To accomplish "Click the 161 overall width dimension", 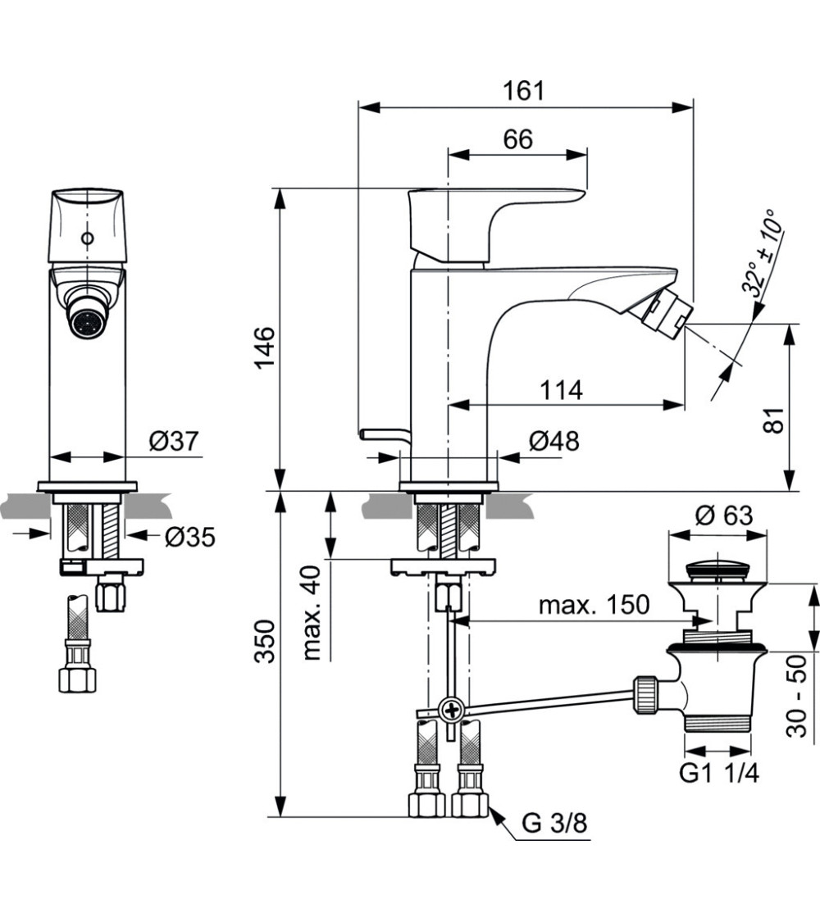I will [524, 90].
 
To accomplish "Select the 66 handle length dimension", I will [517, 139].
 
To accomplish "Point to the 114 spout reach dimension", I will [561, 390].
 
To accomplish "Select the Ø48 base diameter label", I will [553, 441].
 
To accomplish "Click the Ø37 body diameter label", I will [174, 442].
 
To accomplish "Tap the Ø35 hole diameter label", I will [189, 537].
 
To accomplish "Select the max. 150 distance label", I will [594, 606].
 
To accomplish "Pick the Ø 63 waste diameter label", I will [723, 516].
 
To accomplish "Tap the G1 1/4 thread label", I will [719, 773].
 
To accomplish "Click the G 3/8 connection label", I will [555, 823].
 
